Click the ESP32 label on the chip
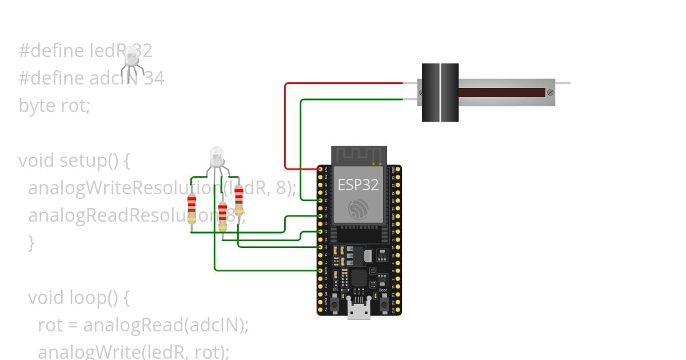pos(358,185)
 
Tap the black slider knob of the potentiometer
pos(440,93)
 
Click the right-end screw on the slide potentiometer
pos(549,92)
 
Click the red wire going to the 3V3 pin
pos(285,126)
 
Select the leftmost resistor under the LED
pos(192,209)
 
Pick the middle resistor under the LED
pos(222,217)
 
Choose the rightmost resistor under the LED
pos(239,201)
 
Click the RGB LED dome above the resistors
pos(217,156)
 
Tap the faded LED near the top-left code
pos(131,57)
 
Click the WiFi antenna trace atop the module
pos(359,155)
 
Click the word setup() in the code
pos(89,161)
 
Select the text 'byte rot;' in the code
pos(54,106)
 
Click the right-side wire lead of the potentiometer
pos(563,83)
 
